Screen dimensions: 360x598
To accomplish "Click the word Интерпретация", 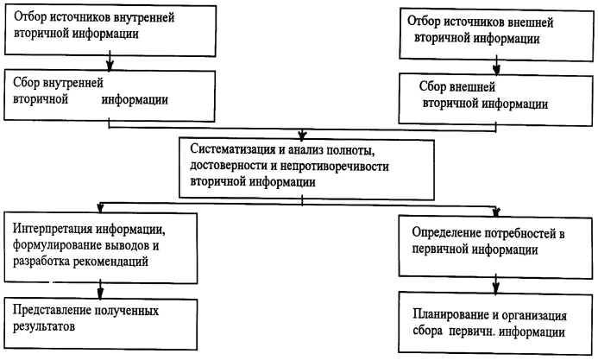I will coord(58,231).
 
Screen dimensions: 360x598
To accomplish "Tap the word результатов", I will coord(48,328).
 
